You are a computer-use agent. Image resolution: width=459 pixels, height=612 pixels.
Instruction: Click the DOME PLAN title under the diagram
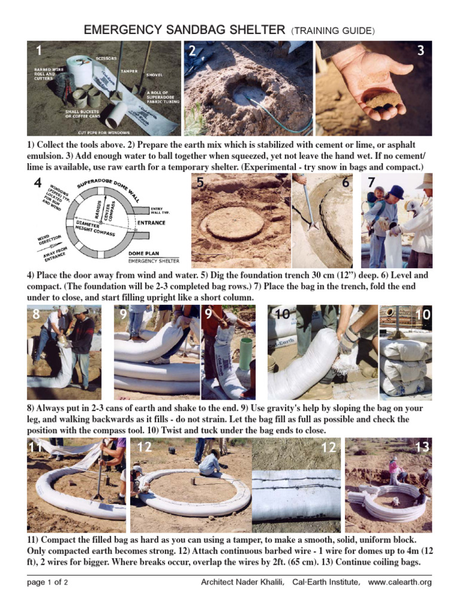[146, 253]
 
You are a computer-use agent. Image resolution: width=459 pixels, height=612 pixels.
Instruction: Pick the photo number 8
[36, 314]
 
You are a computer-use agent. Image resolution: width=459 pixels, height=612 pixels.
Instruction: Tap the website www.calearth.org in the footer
[400, 582]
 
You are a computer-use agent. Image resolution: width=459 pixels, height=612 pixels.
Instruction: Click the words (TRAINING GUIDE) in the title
[334, 30]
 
